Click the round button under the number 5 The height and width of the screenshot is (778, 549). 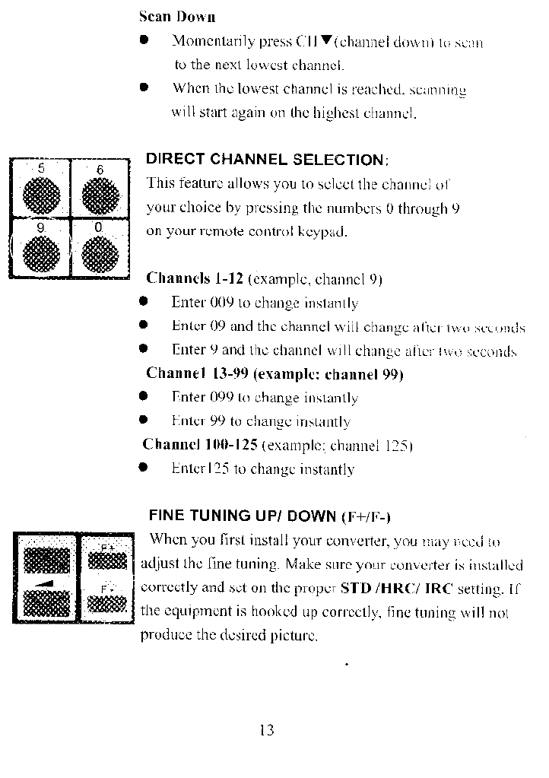tap(41, 194)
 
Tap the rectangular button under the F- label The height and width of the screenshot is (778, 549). tap(107, 604)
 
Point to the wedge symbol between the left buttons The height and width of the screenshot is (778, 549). tap(46, 583)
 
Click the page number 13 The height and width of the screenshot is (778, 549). tap(266, 731)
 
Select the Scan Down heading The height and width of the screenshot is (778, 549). tap(177, 16)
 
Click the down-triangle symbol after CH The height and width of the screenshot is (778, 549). tap(326, 40)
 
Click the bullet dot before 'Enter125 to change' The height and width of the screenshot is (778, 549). tap(143, 468)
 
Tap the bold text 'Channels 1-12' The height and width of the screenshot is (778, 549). tap(194, 278)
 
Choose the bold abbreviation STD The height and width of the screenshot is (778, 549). tap(355, 588)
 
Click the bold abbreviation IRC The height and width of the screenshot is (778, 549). tap(438, 588)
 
